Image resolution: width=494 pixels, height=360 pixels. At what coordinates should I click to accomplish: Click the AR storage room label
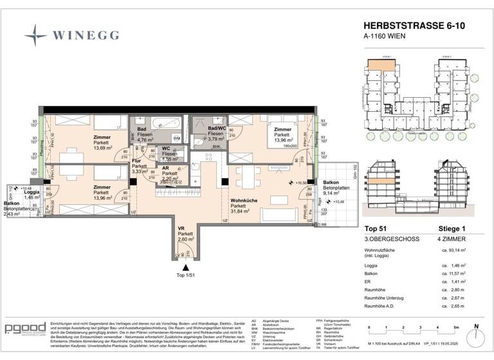[166, 168]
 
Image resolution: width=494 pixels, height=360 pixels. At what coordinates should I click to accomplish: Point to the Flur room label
[136, 160]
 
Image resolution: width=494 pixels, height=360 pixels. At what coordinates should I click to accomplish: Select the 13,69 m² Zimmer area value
[101, 148]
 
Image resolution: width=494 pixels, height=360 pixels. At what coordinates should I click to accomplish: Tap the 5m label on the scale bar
[454, 327]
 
